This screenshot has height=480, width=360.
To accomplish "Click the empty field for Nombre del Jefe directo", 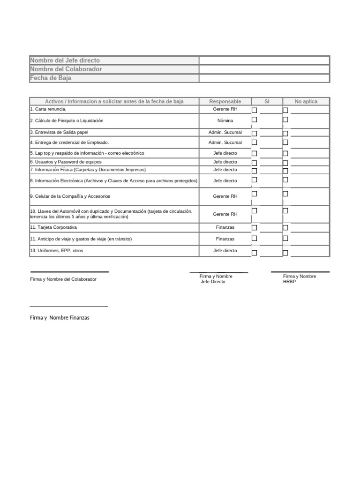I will tap(264, 60).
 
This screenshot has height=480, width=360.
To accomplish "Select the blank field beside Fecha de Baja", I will tap(264, 78).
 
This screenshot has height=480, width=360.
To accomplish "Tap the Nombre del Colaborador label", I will tap(66, 69).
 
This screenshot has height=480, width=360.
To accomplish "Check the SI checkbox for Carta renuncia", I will tap(255, 110).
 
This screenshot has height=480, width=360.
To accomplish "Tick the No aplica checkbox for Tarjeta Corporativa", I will tap(285, 228).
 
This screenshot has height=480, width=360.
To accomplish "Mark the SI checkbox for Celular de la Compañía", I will tap(255, 194).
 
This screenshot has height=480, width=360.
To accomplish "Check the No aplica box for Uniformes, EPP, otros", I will tap(285, 253).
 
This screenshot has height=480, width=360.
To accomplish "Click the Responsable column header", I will tap(225, 101).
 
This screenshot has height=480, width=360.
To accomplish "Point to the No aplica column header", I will tap(306, 101).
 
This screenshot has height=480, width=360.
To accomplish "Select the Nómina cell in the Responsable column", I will tap(225, 121).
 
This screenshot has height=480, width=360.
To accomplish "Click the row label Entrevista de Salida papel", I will tap(59, 133).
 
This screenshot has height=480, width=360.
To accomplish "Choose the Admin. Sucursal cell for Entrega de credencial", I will tap(225, 142).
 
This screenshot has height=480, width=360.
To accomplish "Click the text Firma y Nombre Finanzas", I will tap(60, 318).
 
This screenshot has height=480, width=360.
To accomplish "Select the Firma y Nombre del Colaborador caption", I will tap(63, 279).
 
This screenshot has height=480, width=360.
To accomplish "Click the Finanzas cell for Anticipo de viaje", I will tap(225, 239).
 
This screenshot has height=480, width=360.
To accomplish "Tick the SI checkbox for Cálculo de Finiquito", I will tap(255, 120).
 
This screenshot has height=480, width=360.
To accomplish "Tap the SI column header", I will tap(267, 101).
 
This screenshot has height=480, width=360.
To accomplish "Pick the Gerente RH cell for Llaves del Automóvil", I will tap(225, 214).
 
